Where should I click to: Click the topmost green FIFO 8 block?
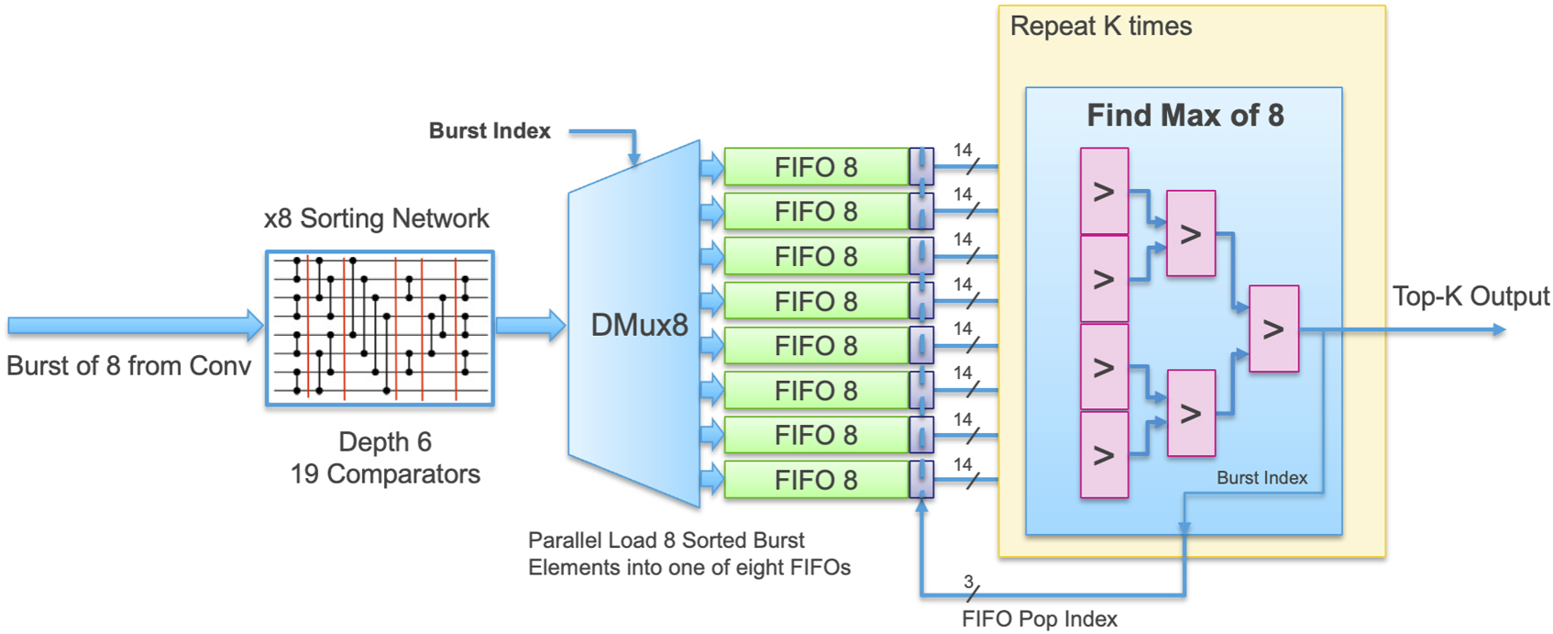click(817, 166)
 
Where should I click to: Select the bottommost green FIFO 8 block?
click(817, 479)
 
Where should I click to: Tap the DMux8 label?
click(639, 326)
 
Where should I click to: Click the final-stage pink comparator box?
click(1273, 328)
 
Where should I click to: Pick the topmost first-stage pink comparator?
click(1105, 192)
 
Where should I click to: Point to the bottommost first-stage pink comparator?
click(1105, 455)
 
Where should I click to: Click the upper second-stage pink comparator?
click(1191, 234)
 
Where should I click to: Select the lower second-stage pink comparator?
click(1191, 414)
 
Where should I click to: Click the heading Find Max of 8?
click(1184, 115)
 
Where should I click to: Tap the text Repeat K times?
click(1101, 27)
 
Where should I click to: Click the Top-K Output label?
click(1470, 296)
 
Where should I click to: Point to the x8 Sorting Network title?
click(377, 218)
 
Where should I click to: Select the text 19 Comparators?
click(385, 473)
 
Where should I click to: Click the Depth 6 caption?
click(385, 442)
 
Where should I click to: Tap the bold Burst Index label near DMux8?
click(490, 130)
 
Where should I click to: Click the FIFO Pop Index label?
click(1040, 618)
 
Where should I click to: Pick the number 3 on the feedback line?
click(968, 582)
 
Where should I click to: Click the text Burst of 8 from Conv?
click(129, 365)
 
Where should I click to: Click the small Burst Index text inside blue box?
click(1261, 478)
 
